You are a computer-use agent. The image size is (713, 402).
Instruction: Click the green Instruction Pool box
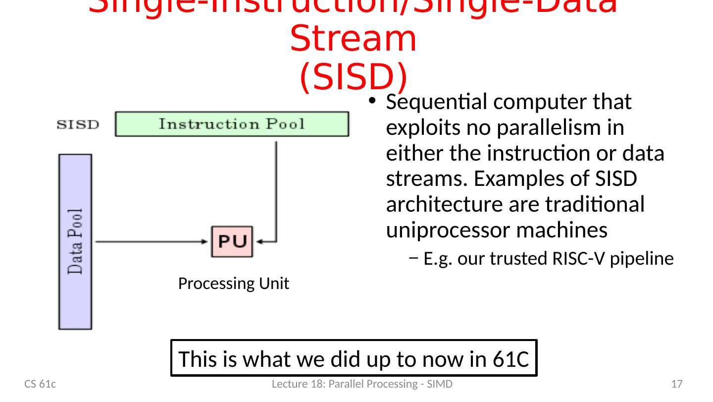click(232, 124)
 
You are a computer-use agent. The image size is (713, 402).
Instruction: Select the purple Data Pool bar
click(75, 241)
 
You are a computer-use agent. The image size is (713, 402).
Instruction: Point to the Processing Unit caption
click(233, 284)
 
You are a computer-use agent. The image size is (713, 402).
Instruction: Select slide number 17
click(677, 384)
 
